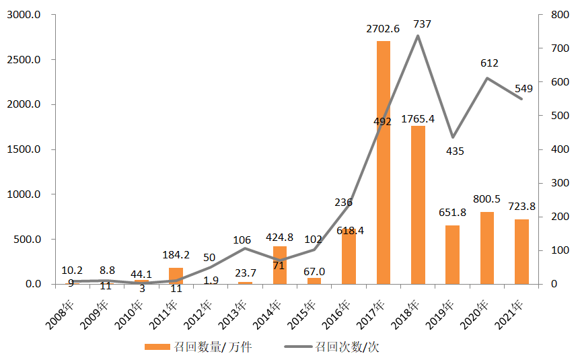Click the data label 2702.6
[383, 29]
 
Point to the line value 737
[422, 24]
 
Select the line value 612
[489, 63]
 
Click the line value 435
[455, 151]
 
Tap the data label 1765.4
[418, 119]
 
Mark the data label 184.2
[176, 255]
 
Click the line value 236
[343, 202]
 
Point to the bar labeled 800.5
[486, 248]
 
